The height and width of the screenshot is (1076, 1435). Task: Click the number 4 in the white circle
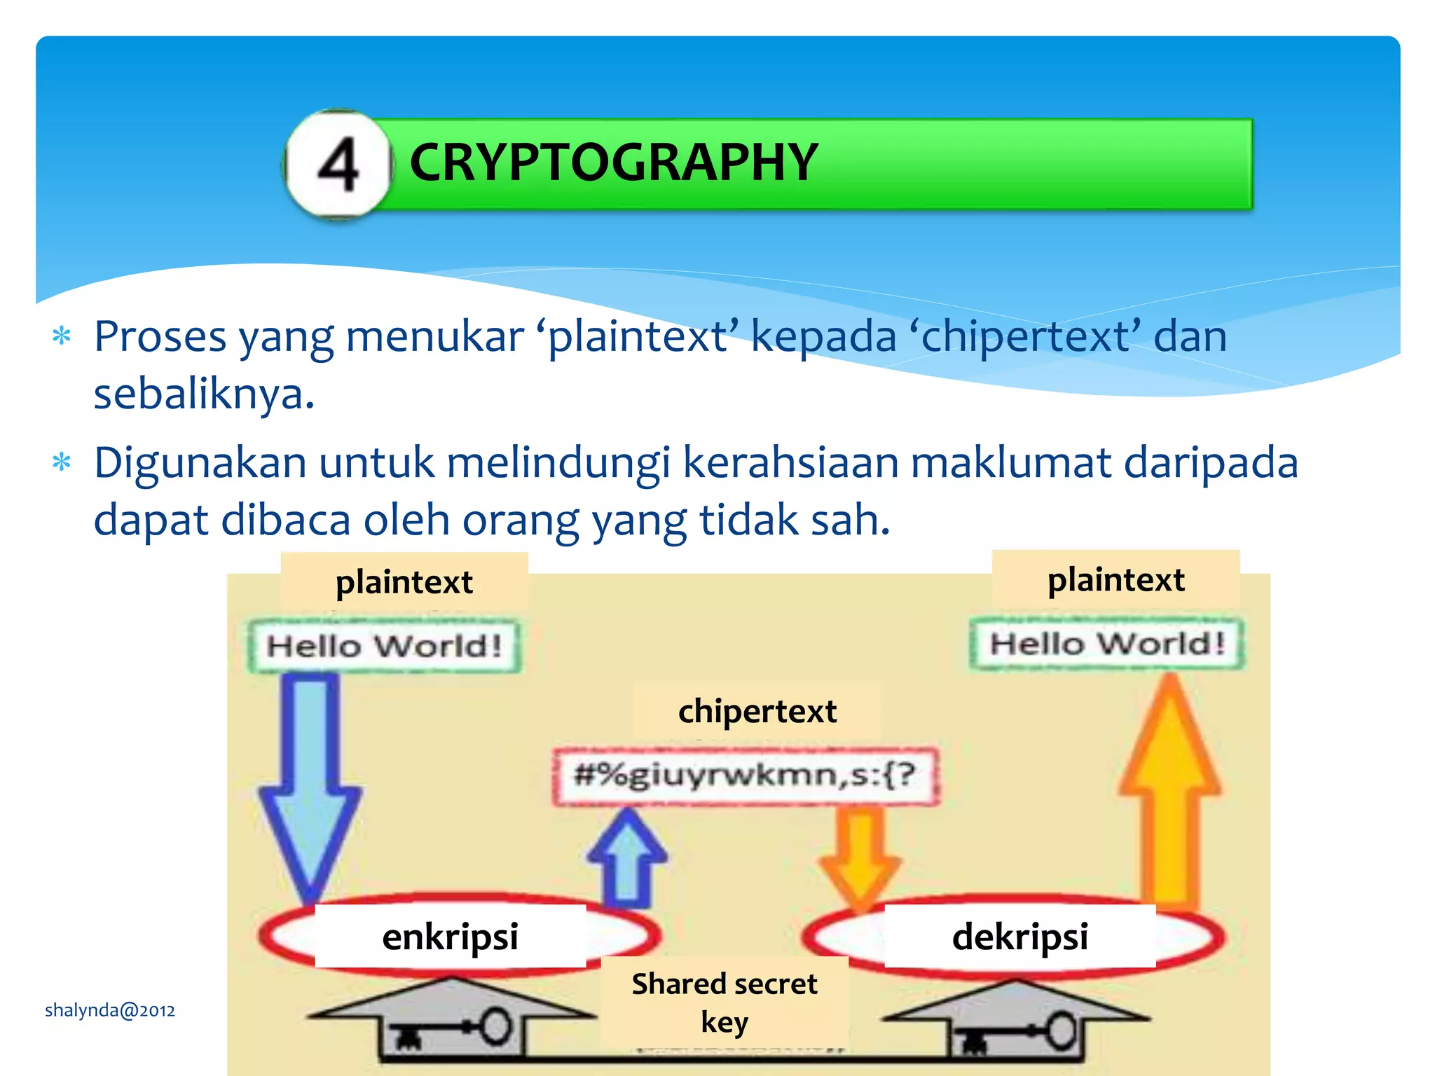pyautogui.click(x=338, y=165)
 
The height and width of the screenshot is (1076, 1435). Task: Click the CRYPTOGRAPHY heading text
pyautogui.click(x=614, y=163)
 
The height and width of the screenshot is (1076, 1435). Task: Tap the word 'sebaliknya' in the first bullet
pyautogui.click(x=203, y=394)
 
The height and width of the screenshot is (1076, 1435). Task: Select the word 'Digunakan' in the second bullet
pyautogui.click(x=200, y=464)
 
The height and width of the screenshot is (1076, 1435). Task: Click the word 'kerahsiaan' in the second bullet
pyautogui.click(x=790, y=463)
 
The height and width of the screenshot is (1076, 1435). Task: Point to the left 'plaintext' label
pyautogui.click(x=404, y=582)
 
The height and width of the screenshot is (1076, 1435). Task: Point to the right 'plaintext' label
pyautogui.click(x=1115, y=580)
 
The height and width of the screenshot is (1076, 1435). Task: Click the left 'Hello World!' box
pyautogui.click(x=385, y=646)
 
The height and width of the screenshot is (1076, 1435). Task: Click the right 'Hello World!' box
pyautogui.click(x=1108, y=643)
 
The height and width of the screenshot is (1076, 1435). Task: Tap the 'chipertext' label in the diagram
pyautogui.click(x=757, y=712)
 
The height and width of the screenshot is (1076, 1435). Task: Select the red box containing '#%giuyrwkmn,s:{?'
pyautogui.click(x=745, y=775)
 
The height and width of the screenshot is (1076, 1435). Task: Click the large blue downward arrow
pyautogui.click(x=310, y=785)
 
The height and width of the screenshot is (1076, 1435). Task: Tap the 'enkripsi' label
pyautogui.click(x=450, y=937)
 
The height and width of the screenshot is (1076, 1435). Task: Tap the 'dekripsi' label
pyautogui.click(x=1020, y=937)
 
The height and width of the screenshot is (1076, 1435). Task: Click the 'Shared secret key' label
pyautogui.click(x=725, y=1002)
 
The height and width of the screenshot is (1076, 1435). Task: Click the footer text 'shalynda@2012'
pyautogui.click(x=110, y=1010)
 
